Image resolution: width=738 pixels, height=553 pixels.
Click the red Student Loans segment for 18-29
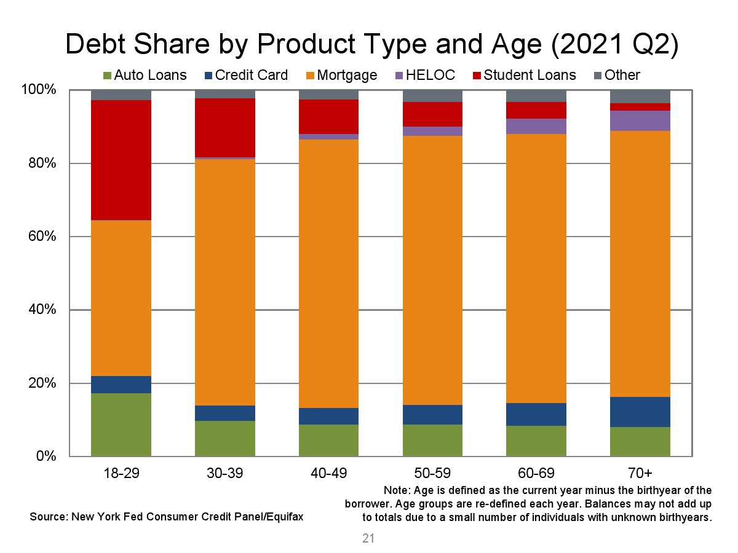121,160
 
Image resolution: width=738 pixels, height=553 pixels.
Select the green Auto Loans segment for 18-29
121,425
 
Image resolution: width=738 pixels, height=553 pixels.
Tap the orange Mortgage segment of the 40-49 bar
328,273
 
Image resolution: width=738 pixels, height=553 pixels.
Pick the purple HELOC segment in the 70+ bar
640,120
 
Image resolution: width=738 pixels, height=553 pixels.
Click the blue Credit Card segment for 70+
640,412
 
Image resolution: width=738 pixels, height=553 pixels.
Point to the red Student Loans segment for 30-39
225,128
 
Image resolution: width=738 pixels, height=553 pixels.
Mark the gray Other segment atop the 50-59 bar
432,95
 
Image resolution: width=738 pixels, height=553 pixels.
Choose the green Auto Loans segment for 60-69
536,441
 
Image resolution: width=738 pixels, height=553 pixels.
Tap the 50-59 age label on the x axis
432,473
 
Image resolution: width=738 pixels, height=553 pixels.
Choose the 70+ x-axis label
640,473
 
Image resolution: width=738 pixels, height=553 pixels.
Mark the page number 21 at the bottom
368,539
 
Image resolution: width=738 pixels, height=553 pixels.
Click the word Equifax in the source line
285,517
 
